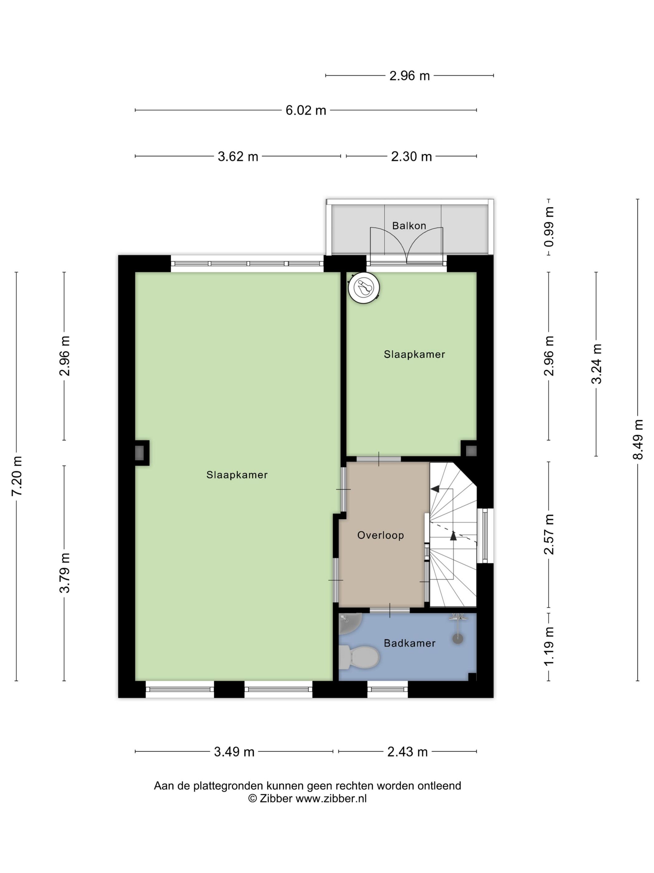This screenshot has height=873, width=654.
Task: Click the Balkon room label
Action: click(409, 226)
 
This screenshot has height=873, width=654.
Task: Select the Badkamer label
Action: click(410, 643)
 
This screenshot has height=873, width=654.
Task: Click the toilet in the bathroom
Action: click(359, 657)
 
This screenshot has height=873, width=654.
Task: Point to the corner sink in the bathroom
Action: click(350, 624)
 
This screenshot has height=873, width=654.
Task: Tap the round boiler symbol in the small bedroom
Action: click(363, 288)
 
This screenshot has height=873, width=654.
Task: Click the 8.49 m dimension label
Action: click(638, 440)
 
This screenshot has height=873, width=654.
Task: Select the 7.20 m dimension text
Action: click(17, 476)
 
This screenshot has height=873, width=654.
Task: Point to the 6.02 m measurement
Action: click(306, 110)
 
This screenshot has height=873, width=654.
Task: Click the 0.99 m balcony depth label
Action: click(549, 227)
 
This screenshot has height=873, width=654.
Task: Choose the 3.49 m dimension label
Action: click(234, 752)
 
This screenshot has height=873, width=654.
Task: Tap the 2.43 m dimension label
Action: click(408, 752)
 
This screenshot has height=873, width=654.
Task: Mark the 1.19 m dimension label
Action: click(549, 646)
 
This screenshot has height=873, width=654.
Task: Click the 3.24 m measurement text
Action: click(596, 364)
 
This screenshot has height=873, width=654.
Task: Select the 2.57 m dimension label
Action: click(549, 534)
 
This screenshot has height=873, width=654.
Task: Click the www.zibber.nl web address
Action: click(331, 798)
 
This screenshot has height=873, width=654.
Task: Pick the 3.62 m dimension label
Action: click(238, 157)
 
